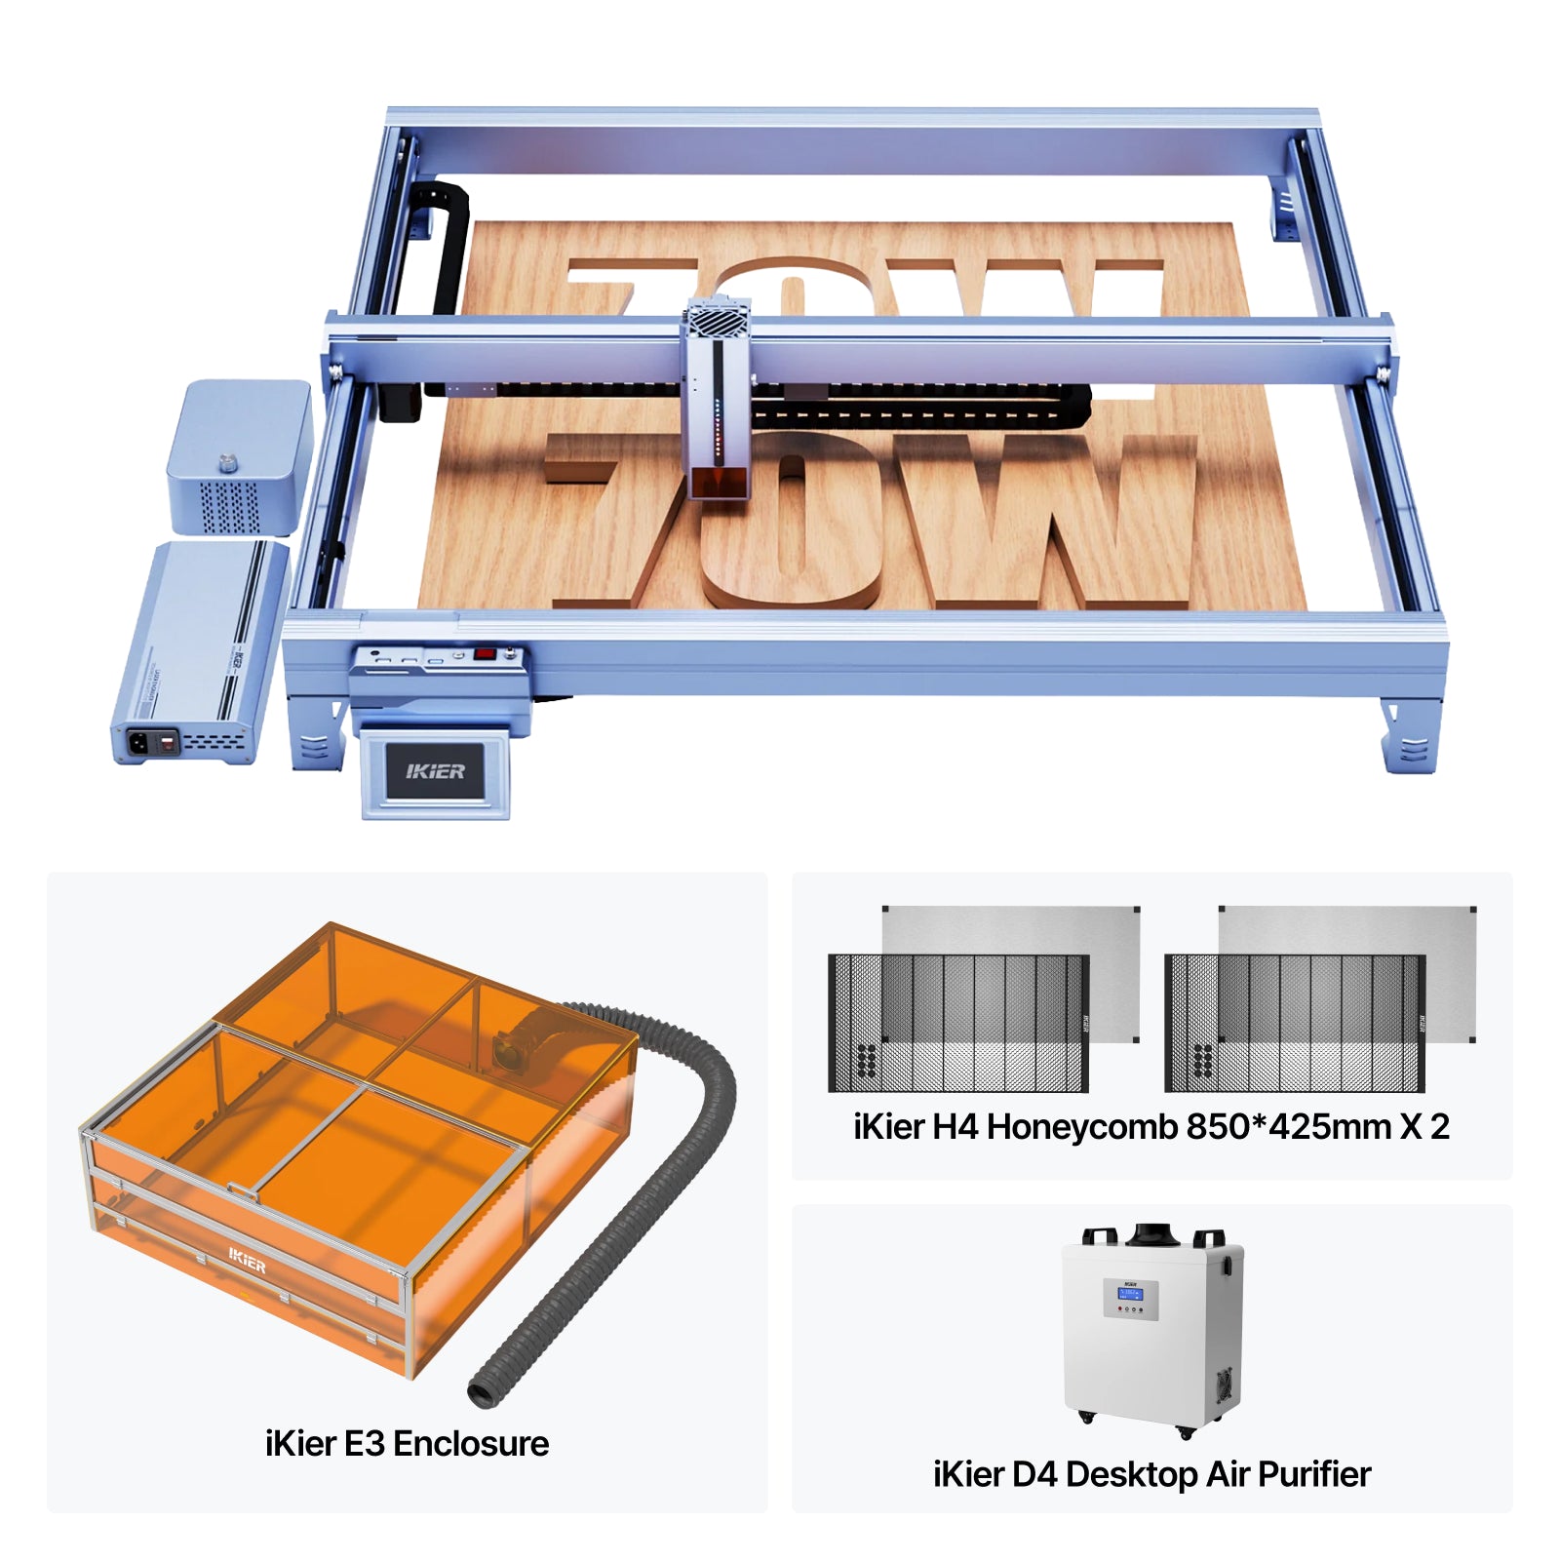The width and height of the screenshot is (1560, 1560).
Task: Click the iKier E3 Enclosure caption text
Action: tap(407, 1443)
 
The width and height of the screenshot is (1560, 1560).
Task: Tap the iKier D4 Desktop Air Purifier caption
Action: tap(1151, 1473)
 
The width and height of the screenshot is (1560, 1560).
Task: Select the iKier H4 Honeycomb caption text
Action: tap(1151, 1126)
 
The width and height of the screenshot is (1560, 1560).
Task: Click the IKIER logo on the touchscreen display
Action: tap(435, 771)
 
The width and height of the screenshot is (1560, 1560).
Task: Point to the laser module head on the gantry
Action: tap(717, 409)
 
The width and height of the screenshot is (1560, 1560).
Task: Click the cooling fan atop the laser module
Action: tap(717, 319)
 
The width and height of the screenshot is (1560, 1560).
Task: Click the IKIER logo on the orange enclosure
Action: tap(247, 1262)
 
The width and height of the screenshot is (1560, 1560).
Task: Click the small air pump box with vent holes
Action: tap(238, 458)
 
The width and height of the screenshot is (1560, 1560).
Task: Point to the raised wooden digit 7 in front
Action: tap(624, 517)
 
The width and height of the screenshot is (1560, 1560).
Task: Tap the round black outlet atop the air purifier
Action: tap(1151, 1236)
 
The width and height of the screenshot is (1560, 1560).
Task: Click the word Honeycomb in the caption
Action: tap(1082, 1126)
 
